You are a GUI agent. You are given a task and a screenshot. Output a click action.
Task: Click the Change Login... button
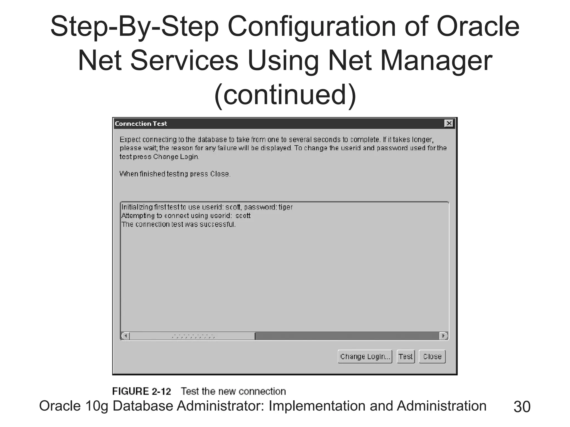[365, 356]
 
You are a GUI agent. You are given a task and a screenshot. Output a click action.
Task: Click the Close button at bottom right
[432, 356]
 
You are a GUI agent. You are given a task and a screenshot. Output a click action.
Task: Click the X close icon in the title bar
[449, 123]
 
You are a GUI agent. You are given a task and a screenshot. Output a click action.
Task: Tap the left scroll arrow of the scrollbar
[126, 336]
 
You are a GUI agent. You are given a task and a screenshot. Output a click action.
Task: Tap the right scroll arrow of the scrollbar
[443, 336]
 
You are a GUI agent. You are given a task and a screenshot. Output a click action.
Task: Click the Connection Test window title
[141, 124]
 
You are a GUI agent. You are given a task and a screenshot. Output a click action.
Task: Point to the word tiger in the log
[286, 207]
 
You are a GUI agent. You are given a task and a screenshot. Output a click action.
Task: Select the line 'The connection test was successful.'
[178, 224]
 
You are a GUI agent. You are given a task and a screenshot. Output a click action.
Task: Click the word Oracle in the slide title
[478, 26]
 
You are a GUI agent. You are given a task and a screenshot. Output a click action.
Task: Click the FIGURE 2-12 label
[141, 391]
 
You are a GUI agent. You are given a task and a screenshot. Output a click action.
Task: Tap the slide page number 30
[522, 407]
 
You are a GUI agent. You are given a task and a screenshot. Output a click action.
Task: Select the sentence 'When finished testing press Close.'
[175, 174]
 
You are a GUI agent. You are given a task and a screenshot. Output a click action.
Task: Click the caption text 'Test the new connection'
[233, 391]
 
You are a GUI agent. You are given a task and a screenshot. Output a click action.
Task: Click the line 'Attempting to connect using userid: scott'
[186, 216]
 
